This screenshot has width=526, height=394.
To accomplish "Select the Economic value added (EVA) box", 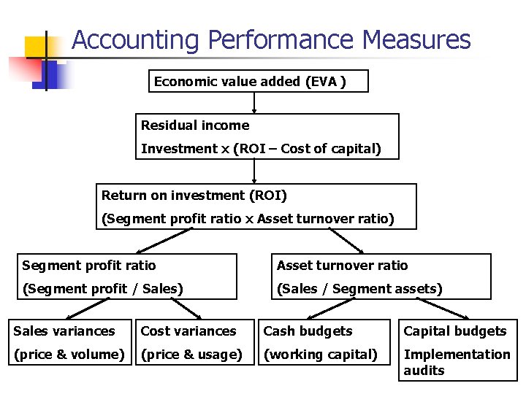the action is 258,82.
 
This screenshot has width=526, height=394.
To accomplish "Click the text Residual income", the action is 195,125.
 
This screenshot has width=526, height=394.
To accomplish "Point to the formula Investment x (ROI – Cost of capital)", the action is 261,149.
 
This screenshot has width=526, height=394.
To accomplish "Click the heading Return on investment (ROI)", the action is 194,196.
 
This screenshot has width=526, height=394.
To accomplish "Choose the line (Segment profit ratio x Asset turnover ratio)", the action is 248,219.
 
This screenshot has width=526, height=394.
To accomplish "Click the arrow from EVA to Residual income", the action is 254,103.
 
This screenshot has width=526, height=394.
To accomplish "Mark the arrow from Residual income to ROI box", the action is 254,171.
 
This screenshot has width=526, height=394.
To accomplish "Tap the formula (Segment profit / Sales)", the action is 102,289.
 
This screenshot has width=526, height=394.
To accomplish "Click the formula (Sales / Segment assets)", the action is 359,289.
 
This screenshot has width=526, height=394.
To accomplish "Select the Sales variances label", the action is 64,331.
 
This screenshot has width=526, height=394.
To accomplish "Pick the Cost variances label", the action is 188,331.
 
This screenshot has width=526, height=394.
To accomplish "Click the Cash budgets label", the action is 308,331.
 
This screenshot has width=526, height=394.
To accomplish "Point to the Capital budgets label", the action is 455,331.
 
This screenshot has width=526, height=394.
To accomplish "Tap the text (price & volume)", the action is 69,355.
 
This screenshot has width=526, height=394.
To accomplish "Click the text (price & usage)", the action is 191,355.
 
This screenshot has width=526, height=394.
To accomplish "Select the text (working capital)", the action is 320,355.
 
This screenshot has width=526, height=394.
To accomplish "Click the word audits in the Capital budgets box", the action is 424,371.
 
